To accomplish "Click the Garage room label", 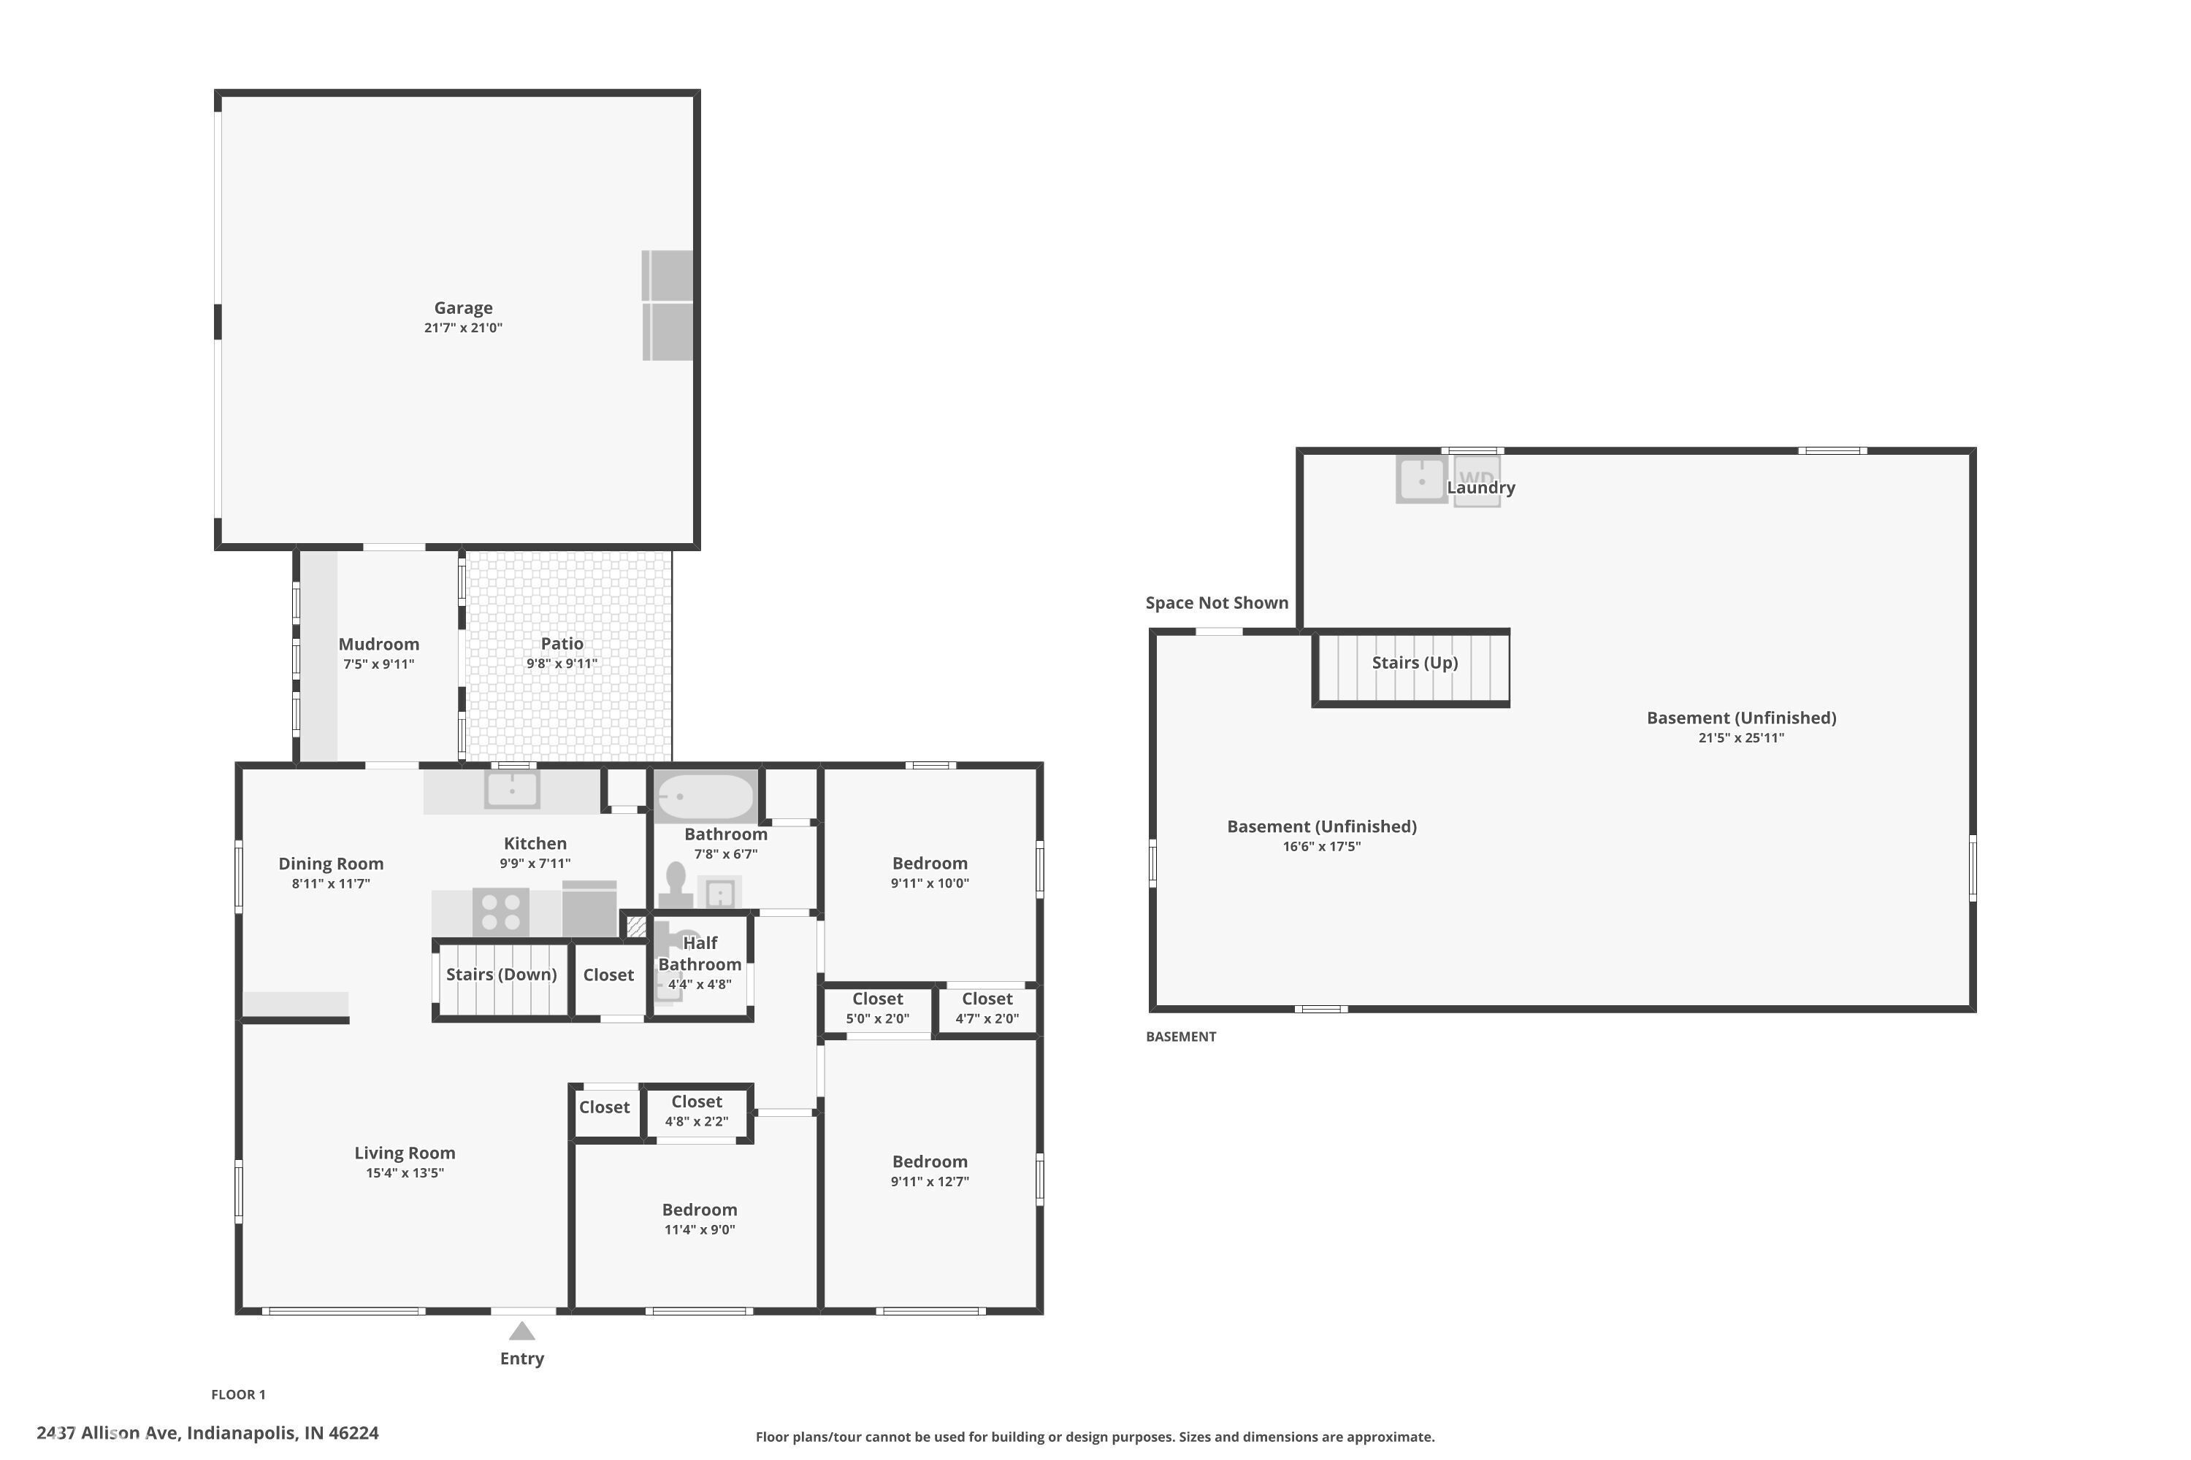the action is [463, 307].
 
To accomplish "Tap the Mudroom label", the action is [378, 643].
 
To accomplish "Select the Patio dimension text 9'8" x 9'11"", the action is [562, 664].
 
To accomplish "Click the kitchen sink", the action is [511, 790].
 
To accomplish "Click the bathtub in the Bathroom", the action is [706, 797].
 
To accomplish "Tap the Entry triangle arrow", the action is [521, 1331].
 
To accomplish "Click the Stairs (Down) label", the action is [501, 974].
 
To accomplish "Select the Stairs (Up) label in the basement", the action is [1414, 662].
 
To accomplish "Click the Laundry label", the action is [1480, 487].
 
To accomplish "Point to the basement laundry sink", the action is [1420, 480].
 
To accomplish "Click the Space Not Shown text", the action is [1217, 602].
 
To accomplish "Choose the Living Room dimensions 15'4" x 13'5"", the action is [405, 1173].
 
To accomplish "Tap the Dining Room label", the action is [331, 863].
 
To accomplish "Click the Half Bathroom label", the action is [700, 953].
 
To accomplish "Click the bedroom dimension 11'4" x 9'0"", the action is [700, 1230].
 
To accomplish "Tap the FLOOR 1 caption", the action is [239, 1394].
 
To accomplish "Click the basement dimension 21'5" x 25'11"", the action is [1741, 738].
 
